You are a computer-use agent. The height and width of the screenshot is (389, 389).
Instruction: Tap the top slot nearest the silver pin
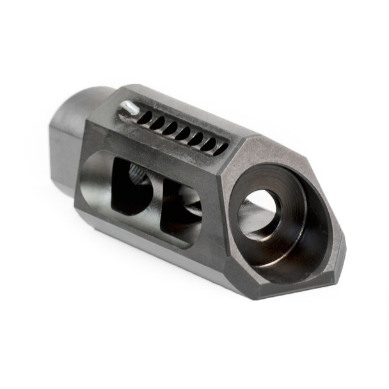pyautogui.click(x=145, y=118)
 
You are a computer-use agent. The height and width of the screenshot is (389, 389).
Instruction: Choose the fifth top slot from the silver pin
pyautogui.click(x=196, y=138)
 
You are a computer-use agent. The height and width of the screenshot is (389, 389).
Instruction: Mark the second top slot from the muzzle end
pyautogui.click(x=208, y=143)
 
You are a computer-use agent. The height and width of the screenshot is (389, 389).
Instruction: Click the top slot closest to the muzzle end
pyautogui.click(x=220, y=148)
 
